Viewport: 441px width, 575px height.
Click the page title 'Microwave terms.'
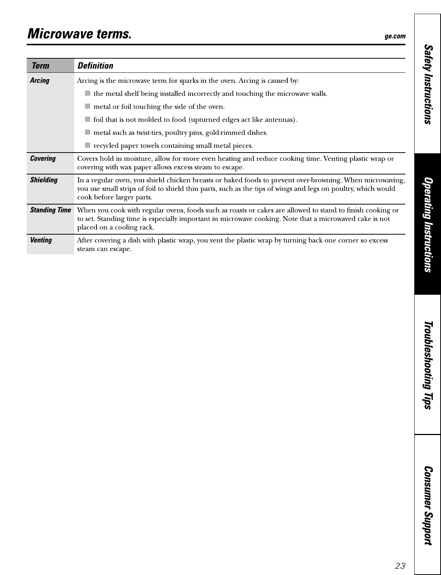(79, 34)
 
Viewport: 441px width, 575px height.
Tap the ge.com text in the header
(395, 36)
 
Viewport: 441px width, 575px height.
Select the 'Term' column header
(40, 66)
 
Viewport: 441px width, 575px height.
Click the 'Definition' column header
(95, 66)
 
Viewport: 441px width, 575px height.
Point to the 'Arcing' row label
(40, 81)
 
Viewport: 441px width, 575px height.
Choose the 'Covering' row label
(43, 159)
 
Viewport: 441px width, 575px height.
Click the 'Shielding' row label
(44, 180)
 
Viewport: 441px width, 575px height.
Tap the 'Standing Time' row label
(50, 210)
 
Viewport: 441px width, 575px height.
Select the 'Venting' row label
(41, 240)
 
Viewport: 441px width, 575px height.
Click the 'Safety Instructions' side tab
(428, 84)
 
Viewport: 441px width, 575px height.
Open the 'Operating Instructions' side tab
(428, 225)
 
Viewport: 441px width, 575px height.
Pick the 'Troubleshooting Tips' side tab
(428, 365)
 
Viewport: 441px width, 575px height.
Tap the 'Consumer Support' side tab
(428, 506)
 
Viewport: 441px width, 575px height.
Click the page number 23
(400, 566)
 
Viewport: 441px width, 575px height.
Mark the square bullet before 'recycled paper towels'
(88, 145)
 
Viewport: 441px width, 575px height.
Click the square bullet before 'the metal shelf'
(88, 93)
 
